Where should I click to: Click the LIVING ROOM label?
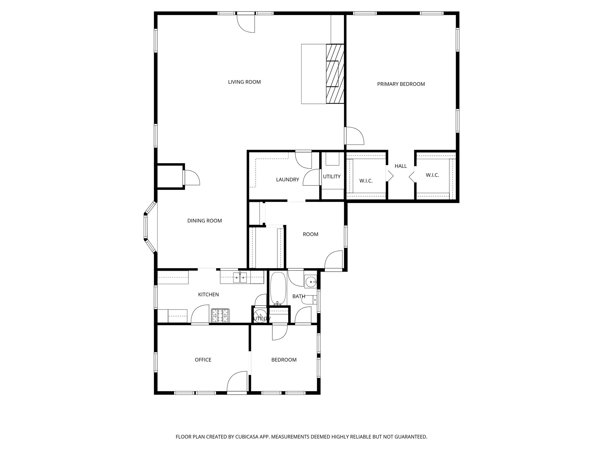[x=244, y=82]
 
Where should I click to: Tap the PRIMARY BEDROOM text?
[x=401, y=84]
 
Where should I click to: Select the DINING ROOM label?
[x=204, y=221]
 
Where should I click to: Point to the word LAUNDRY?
[x=287, y=180]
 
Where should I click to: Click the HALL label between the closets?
[x=400, y=166]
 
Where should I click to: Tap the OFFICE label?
[x=203, y=360]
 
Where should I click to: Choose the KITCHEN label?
[x=208, y=295]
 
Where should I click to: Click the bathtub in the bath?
[x=278, y=288]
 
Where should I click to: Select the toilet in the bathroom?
[x=309, y=300]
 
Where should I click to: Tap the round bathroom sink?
[x=310, y=282]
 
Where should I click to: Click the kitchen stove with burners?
[x=220, y=316]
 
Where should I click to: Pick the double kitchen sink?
[x=240, y=277]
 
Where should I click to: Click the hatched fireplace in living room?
[x=335, y=74]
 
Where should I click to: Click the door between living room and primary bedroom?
[x=354, y=136]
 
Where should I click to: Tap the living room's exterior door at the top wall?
[x=246, y=23]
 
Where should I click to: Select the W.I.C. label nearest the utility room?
[x=366, y=181]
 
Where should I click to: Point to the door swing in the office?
[x=237, y=382]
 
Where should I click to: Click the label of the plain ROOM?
[x=310, y=234]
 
